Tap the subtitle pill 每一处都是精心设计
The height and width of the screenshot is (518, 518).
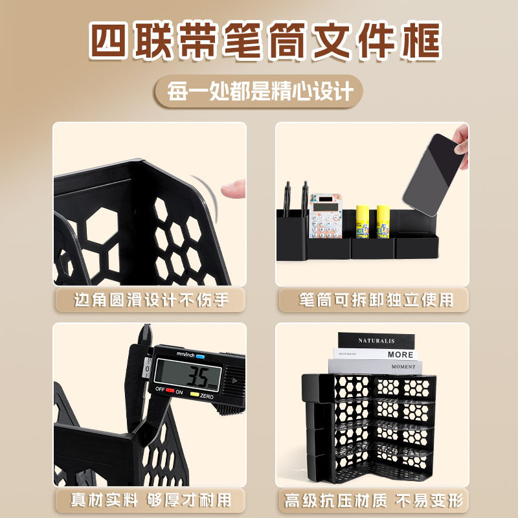tap(259, 91)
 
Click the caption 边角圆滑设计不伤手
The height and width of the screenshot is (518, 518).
tap(150, 300)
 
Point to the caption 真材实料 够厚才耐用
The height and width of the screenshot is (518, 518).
tap(150, 499)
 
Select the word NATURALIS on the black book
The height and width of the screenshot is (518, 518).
tap(376, 340)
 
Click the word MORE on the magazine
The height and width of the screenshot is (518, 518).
tap(400, 355)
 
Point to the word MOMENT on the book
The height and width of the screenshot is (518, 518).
tap(403, 366)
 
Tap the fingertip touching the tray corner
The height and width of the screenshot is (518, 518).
tap(231, 188)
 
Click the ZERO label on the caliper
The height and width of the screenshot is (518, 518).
tap(207, 395)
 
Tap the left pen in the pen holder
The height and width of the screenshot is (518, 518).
tap(287, 197)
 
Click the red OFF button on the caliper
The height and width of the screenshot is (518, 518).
tap(170, 390)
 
